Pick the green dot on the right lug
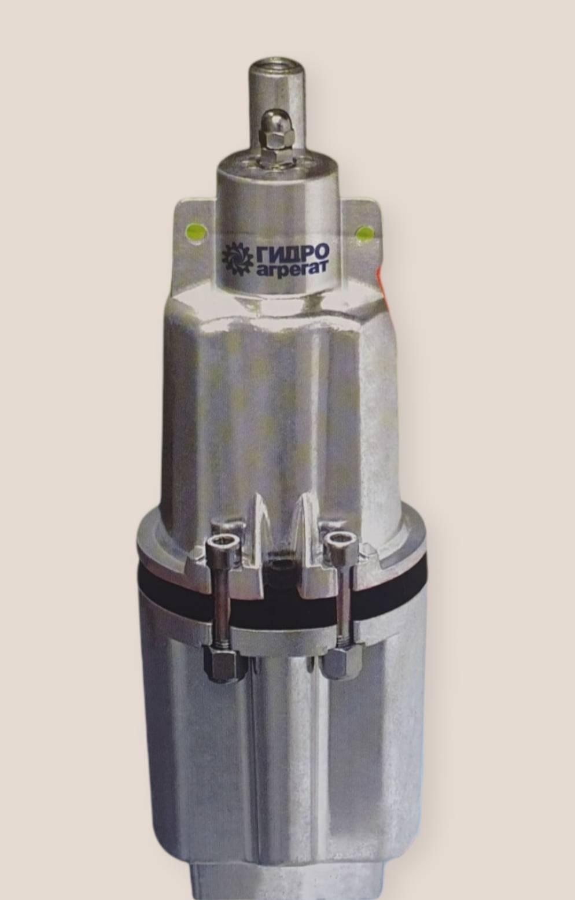(365, 233)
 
